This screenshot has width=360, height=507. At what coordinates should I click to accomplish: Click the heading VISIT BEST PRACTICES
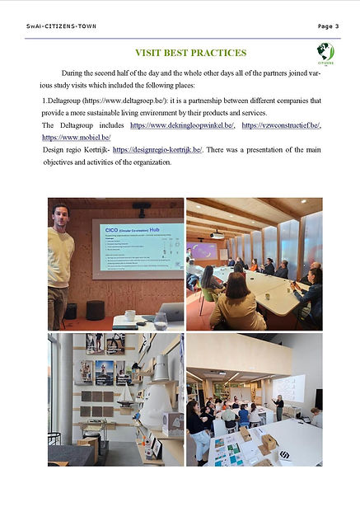189,53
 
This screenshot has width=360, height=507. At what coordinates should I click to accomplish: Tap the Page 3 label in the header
329,26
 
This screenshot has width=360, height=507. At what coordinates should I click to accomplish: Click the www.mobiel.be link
76,137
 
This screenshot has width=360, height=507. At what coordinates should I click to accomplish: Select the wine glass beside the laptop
158,315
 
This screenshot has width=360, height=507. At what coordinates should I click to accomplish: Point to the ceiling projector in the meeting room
217,234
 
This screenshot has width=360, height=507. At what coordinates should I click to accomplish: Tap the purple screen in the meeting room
203,251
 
